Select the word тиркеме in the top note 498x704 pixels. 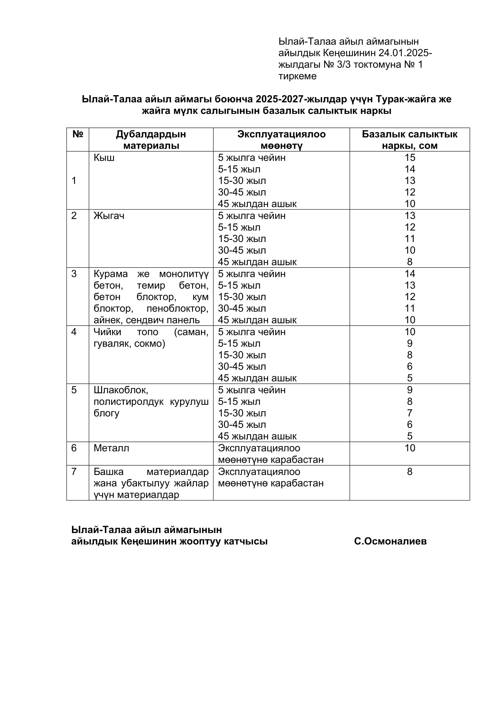point(297,76)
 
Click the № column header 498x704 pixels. point(78,134)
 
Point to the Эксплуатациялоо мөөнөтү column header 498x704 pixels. point(281,140)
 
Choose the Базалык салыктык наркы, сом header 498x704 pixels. point(409,140)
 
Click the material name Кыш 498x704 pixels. point(104,158)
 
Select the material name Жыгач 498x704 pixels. point(109,216)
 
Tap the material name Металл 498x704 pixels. point(111,448)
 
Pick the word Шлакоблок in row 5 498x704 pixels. point(120,390)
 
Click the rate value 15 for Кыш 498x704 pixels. point(410,158)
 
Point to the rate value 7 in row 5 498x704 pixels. point(410,413)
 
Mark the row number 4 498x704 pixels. point(74,332)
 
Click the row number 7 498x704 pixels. point(74,471)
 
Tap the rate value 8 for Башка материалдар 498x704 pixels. point(410,471)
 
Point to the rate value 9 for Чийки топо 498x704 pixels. point(410,343)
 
